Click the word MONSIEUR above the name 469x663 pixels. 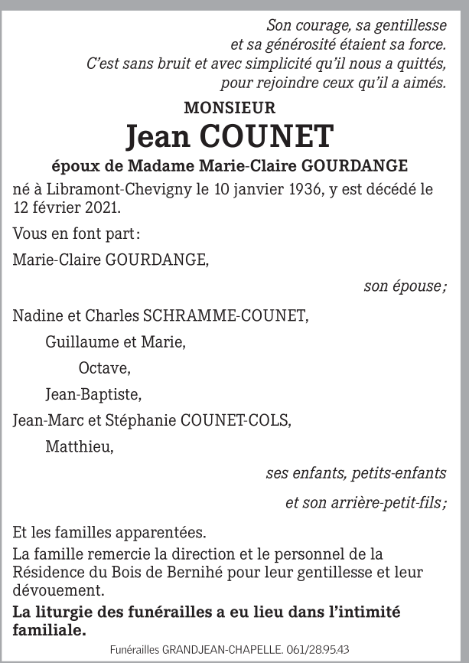coord(230,109)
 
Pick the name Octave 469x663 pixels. coord(104,368)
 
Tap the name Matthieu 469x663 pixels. coord(80,446)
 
